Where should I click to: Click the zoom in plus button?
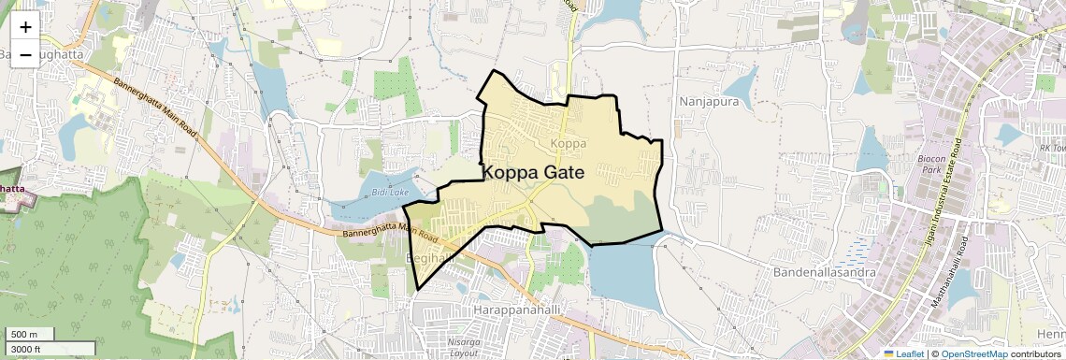pyautogui.click(x=25, y=27)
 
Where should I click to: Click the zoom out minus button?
pyautogui.click(x=25, y=54)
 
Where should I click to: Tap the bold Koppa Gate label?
pyautogui.click(x=533, y=173)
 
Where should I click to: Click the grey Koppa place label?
pyautogui.click(x=569, y=143)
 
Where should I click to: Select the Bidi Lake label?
pyautogui.click(x=390, y=192)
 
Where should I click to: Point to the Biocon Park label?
pyautogui.click(x=929, y=165)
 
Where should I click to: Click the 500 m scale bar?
pyautogui.click(x=24, y=334)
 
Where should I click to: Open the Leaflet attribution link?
pyautogui.click(x=903, y=353)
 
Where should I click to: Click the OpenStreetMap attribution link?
pyautogui.click(x=973, y=353)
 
